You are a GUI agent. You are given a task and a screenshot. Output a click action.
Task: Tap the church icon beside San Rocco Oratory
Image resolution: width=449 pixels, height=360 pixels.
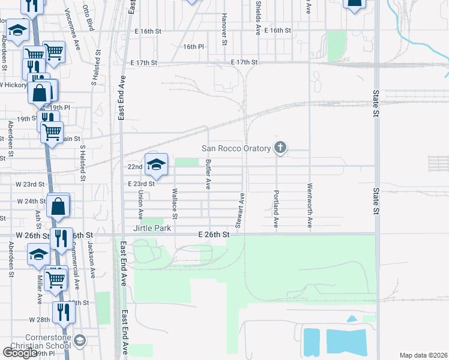tap(280, 148)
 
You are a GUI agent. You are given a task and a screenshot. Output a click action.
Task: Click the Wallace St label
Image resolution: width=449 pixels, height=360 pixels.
tap(175, 204)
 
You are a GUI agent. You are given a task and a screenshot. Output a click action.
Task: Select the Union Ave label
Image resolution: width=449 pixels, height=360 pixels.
tap(140, 204)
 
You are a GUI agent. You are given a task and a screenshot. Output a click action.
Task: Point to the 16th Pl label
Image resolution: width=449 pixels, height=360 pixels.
tap(194, 46)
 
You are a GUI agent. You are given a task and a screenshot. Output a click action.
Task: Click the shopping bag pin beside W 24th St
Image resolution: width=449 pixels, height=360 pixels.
tap(59, 207)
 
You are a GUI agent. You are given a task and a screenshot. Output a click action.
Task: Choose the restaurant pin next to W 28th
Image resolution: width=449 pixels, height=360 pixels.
tap(62, 313)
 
